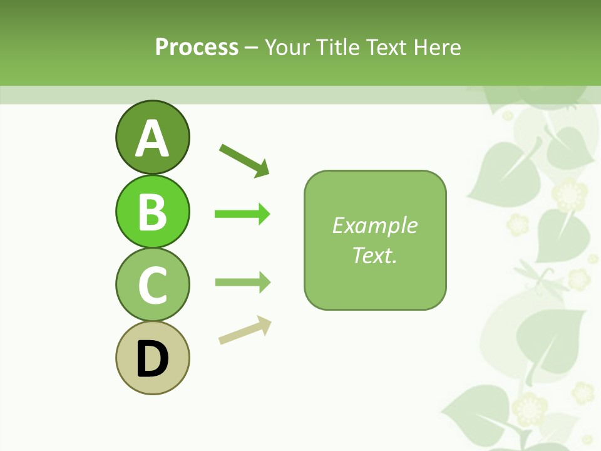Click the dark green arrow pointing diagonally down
244,160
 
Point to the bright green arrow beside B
242,214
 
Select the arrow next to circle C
242,282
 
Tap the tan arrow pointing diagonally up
245,330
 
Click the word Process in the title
197,47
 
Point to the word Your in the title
287,47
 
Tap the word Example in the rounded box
375,225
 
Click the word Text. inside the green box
375,255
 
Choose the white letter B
152,212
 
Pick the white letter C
152,285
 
